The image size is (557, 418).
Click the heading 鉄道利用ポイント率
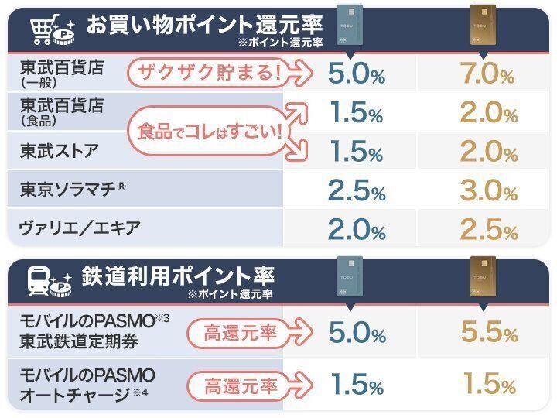tap(178, 276)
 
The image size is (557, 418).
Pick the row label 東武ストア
tap(60, 151)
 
